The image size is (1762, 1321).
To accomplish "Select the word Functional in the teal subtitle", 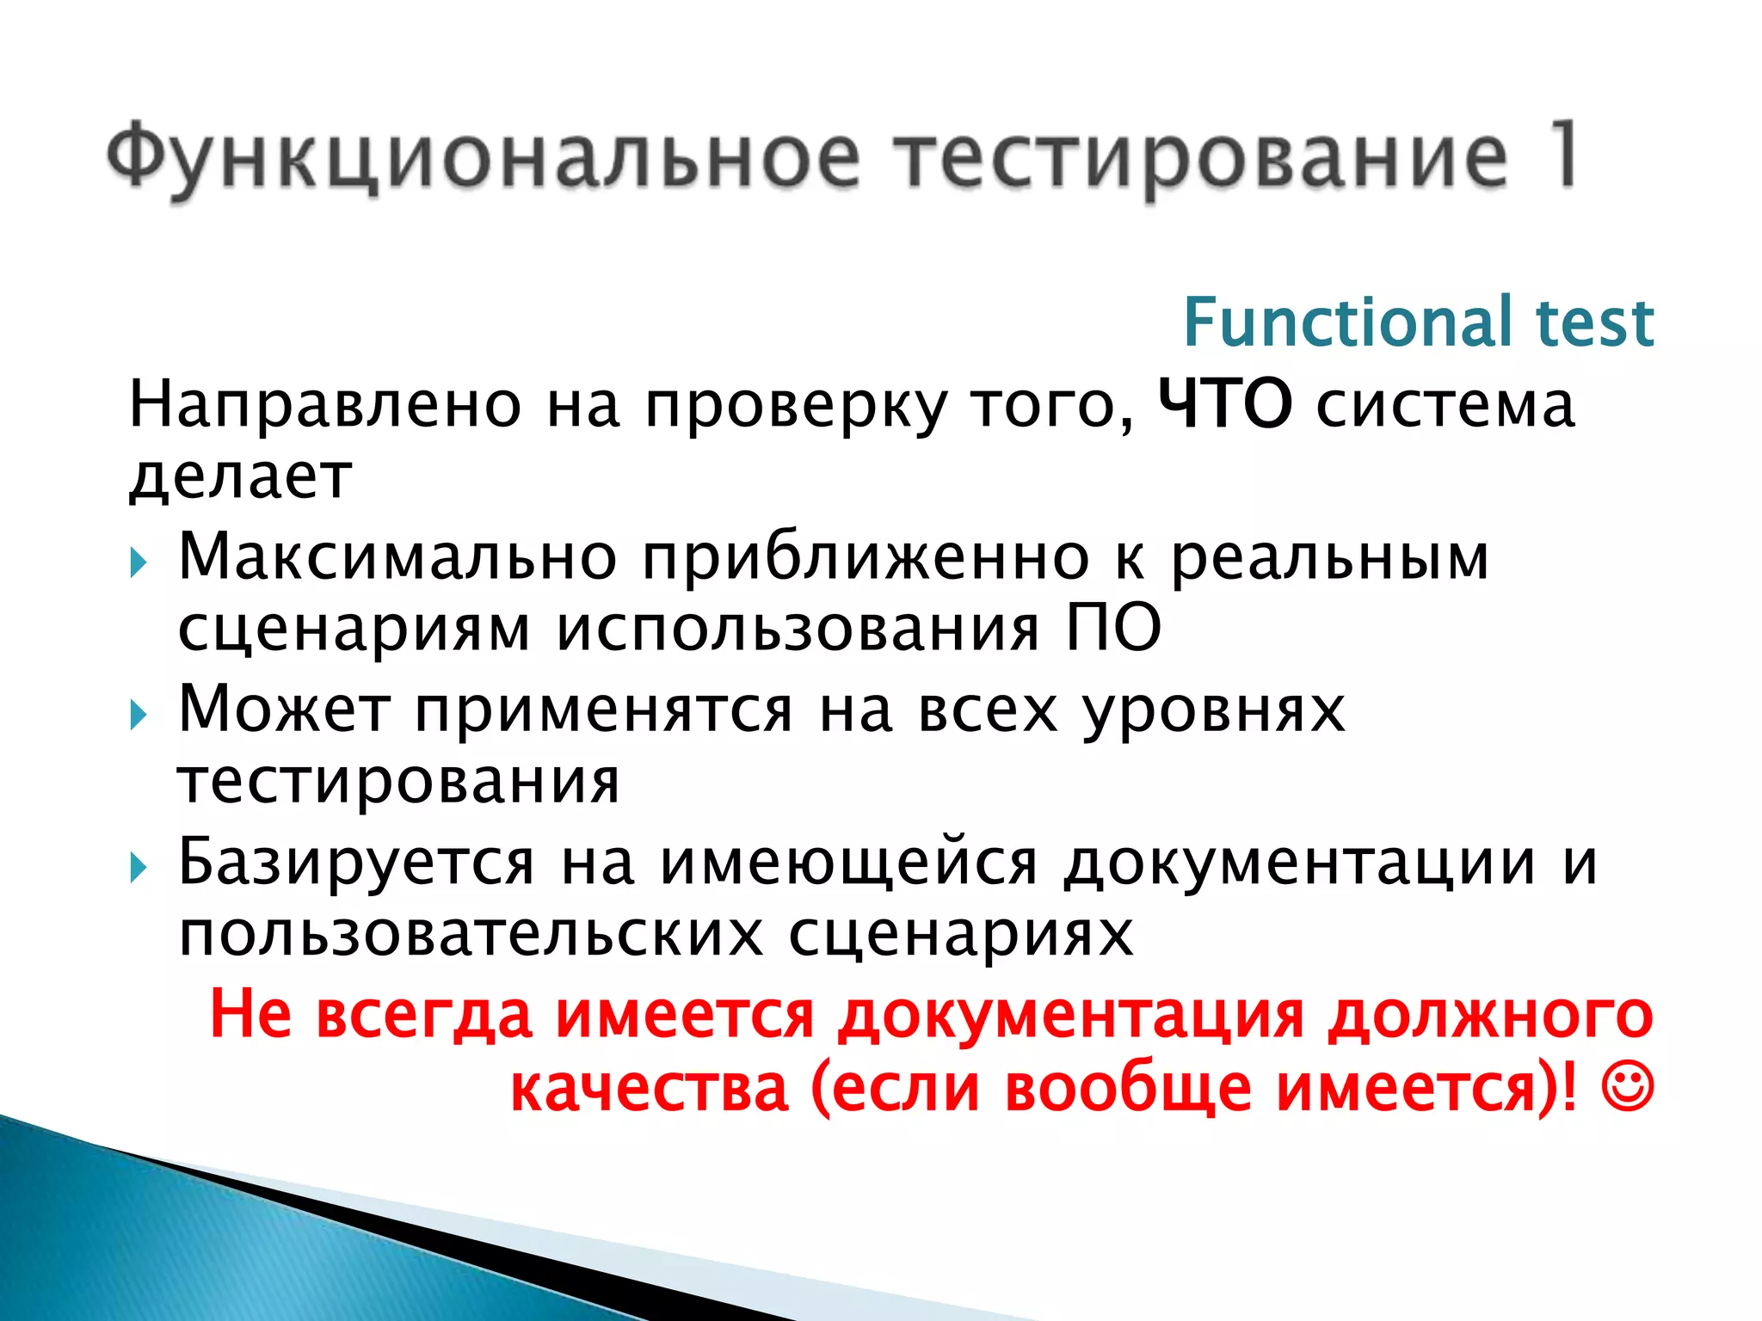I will click(x=1347, y=322).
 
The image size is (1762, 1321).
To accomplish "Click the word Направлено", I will click(x=325, y=403).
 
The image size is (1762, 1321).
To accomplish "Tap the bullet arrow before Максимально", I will click(x=139, y=564).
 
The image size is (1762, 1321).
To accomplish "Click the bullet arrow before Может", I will click(x=139, y=715).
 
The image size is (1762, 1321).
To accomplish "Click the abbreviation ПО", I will click(x=1114, y=627).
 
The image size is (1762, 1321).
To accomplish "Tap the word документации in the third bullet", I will click(x=1299, y=863).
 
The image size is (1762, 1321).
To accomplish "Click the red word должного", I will click(x=1489, y=1016).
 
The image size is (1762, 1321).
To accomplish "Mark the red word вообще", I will click(x=1128, y=1088).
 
